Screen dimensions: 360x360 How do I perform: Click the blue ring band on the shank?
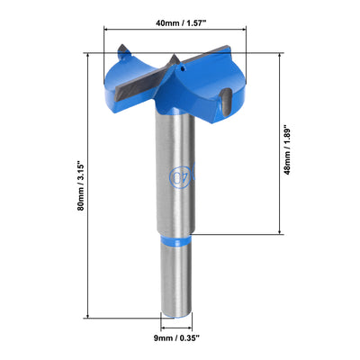(178, 240)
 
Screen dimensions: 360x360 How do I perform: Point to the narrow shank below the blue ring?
(178, 279)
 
